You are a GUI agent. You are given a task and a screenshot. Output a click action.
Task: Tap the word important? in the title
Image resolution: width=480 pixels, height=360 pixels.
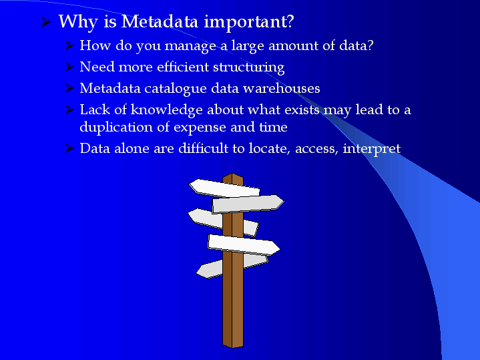pos(249,23)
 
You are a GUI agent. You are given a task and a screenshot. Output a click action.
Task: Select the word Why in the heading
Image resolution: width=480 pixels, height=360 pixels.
pos(78,23)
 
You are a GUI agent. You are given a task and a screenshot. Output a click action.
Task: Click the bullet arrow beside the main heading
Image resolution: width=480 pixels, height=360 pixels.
pos(45,22)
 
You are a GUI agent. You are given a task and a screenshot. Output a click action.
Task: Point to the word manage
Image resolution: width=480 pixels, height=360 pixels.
pos(190,46)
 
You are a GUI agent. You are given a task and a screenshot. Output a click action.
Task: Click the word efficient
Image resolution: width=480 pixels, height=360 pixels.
pos(183,67)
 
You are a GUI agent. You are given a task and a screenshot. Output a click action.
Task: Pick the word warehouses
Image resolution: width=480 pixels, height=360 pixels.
pos(281,88)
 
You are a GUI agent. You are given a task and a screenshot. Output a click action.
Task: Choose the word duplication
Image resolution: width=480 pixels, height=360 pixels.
pos(116,128)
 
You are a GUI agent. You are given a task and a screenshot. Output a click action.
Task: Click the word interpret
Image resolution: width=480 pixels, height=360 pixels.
pos(372,149)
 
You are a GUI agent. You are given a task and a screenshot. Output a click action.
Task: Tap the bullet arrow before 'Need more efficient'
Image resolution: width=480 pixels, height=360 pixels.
pos(70,67)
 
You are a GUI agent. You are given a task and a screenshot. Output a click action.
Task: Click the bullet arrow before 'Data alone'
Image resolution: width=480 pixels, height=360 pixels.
pos(70,148)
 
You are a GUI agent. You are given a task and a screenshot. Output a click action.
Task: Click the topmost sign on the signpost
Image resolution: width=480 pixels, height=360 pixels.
pos(224,188)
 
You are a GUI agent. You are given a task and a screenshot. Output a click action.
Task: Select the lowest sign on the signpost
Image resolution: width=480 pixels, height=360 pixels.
pos(232,266)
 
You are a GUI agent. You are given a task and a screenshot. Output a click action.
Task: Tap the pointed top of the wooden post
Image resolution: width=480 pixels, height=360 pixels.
pos(232,174)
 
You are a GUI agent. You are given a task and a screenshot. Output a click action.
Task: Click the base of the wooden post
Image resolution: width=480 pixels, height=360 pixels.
pos(232,345)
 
